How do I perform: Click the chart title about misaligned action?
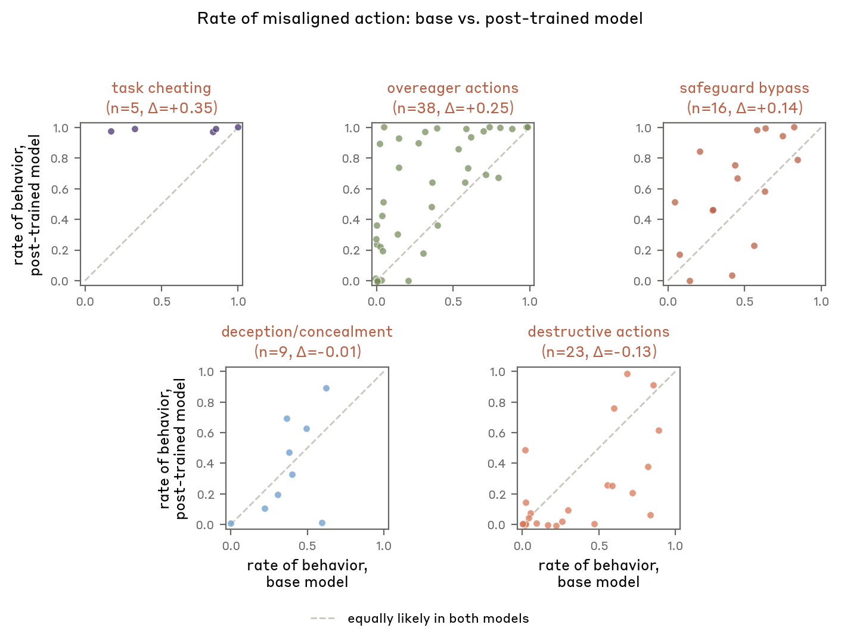[420, 18]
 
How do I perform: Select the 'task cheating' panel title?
[162, 88]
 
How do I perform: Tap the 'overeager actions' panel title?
[452, 88]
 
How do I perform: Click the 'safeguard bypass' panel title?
[744, 88]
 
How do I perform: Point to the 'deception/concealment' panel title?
[307, 332]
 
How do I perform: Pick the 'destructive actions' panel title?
[598, 332]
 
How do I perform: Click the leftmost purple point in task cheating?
[111, 131]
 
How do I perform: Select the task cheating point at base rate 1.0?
[238, 127]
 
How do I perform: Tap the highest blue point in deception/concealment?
[326, 388]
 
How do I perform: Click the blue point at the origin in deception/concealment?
[231, 523]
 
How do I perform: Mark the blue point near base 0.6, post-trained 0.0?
[322, 523]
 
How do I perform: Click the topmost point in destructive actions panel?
[627, 374]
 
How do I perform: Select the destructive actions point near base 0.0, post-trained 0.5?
[525, 450]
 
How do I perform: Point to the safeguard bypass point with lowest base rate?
[675, 202]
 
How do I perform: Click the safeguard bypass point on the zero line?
[690, 281]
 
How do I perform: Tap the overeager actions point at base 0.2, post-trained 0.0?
[408, 281]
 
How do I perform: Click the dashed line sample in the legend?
[322, 619]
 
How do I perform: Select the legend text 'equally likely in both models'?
[438, 619]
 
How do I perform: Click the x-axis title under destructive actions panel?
[598, 573]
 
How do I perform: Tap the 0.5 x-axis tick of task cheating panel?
[162, 302]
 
